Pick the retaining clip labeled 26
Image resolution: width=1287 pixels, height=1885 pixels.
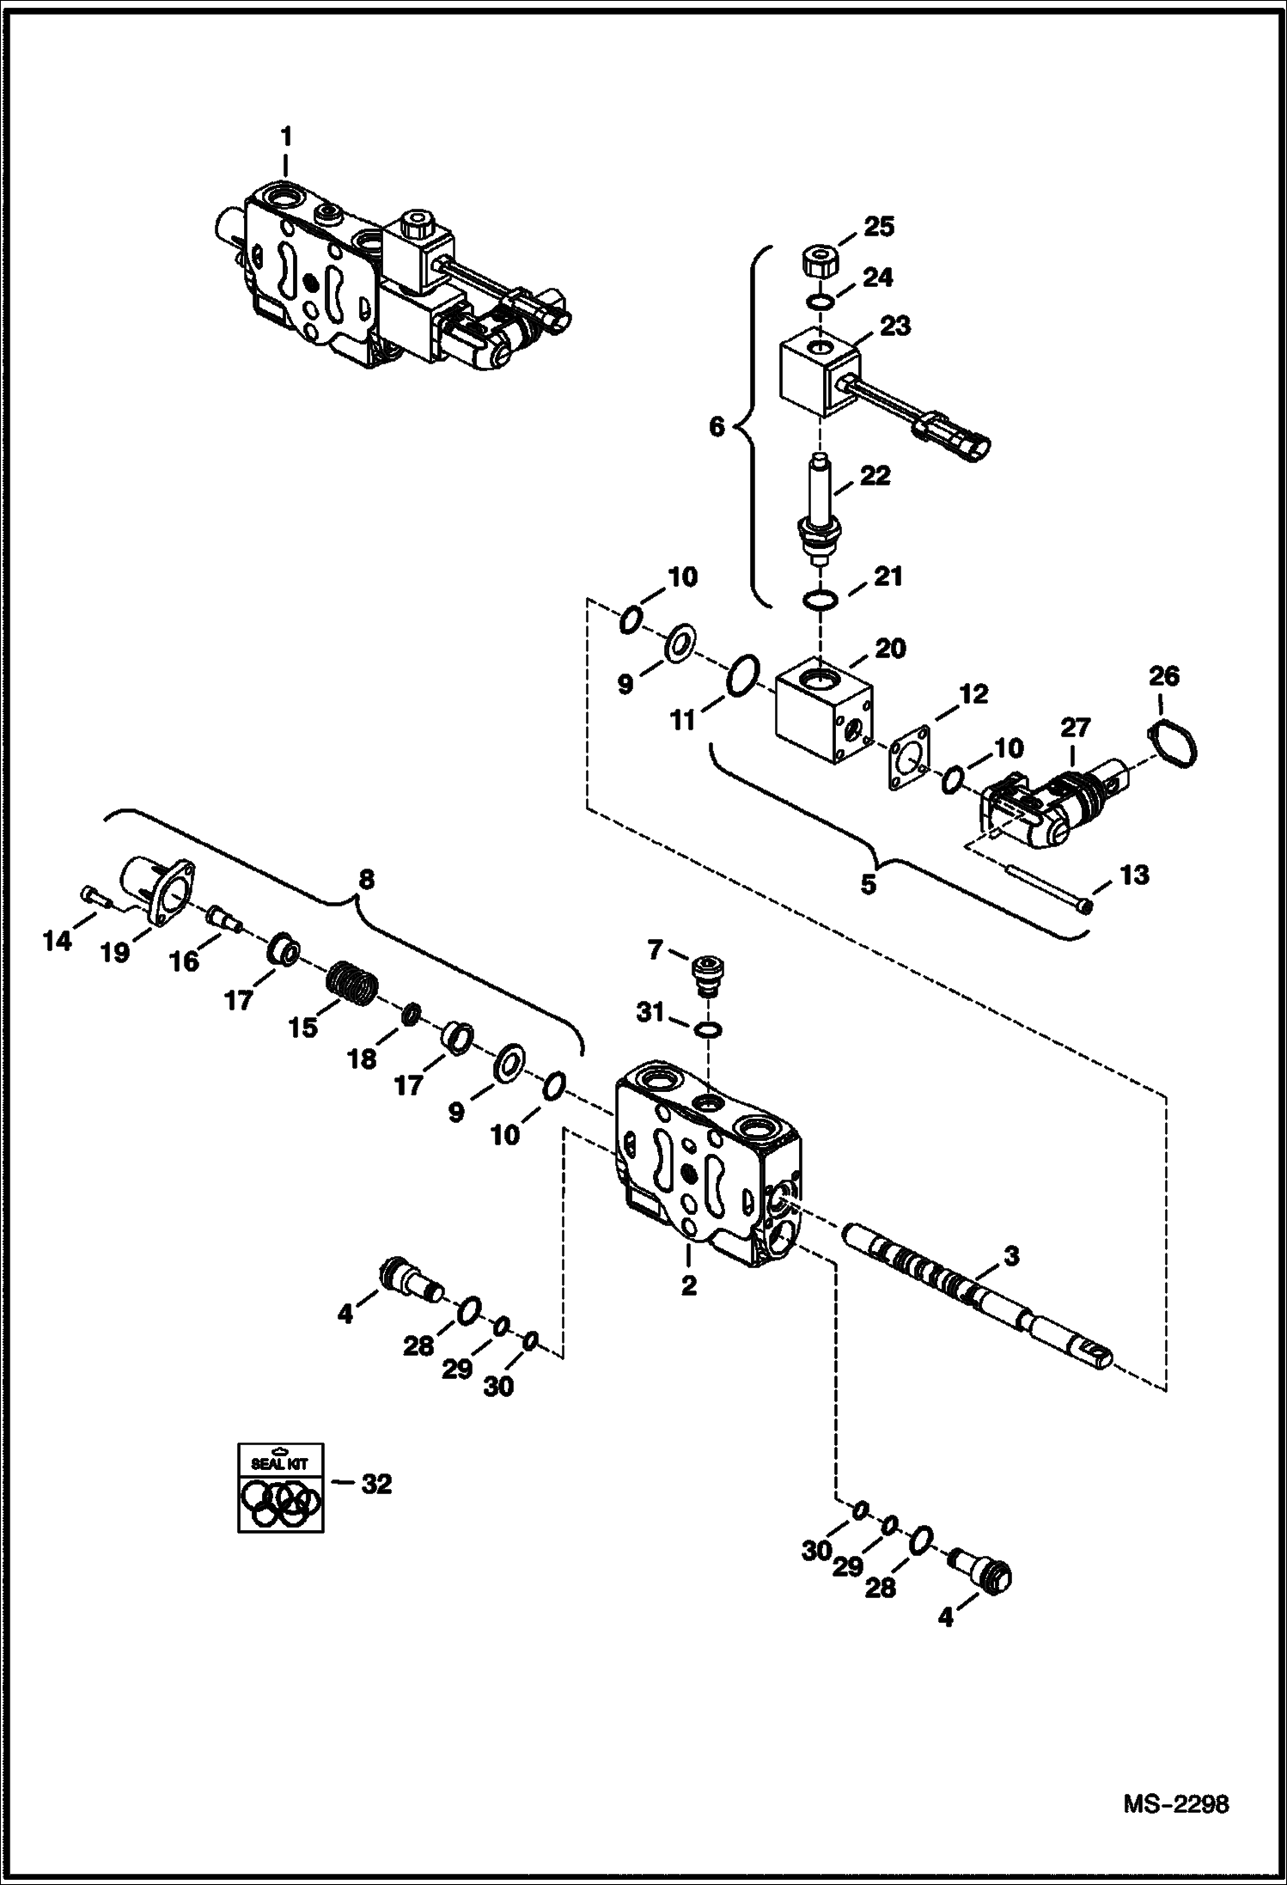tap(1172, 740)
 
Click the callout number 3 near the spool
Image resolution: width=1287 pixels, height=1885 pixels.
tap(1011, 1256)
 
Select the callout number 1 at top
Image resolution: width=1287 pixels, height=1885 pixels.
tap(286, 137)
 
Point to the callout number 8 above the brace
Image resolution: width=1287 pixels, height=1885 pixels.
tap(366, 879)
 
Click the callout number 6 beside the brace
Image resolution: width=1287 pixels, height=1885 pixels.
tap(717, 427)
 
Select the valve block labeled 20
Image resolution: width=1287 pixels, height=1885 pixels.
tap(823, 710)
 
